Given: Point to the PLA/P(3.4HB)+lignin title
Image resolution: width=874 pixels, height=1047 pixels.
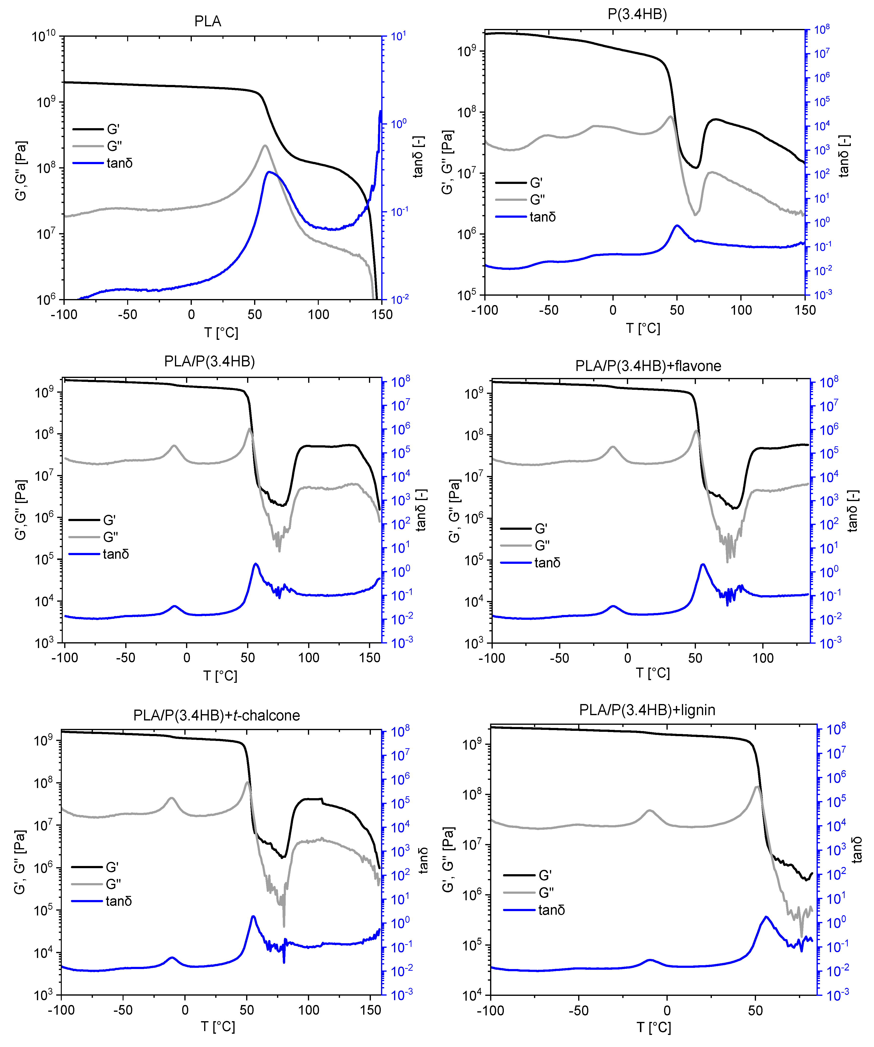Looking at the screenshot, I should pyautogui.click(x=647, y=710).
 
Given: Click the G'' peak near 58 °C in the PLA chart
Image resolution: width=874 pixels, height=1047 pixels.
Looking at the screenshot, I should pyautogui.click(x=265, y=146).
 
